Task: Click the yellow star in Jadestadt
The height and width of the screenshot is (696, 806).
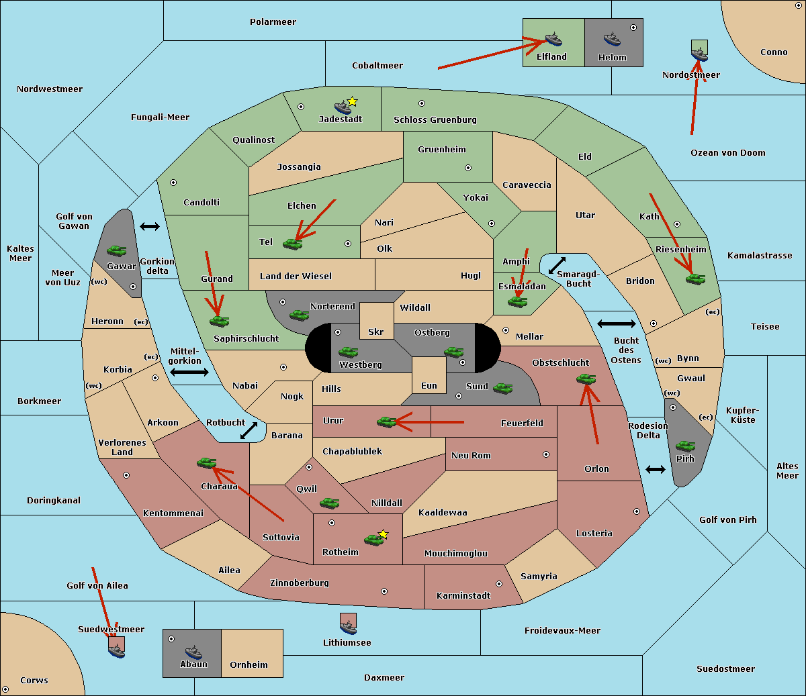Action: click(352, 101)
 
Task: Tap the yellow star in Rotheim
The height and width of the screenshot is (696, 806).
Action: click(383, 534)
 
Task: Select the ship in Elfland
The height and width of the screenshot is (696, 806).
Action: click(553, 39)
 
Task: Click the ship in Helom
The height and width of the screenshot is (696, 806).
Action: click(611, 39)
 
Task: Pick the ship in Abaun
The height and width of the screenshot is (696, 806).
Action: click(193, 652)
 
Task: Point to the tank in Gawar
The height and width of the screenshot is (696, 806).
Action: click(116, 251)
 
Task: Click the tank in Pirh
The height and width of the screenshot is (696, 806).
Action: click(685, 446)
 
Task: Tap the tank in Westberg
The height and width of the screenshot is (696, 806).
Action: click(348, 352)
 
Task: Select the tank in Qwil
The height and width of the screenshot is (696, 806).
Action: click(329, 503)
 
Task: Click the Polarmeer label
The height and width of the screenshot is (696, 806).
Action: click(273, 22)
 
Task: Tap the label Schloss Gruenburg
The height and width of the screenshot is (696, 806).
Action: click(435, 120)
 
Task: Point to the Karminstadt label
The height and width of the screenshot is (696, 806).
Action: click(463, 596)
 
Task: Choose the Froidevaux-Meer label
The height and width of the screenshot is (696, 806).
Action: click(562, 631)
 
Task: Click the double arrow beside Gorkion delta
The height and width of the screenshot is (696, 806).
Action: click(149, 226)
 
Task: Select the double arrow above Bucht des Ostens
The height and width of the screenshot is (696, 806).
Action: click(616, 324)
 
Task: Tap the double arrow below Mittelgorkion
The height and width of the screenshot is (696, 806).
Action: click(189, 372)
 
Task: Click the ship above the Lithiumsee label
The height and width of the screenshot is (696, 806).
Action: click(348, 625)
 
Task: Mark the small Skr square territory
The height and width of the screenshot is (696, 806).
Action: click(376, 320)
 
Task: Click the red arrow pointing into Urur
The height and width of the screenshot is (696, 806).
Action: click(430, 422)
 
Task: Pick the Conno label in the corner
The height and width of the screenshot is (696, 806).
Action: click(774, 52)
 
